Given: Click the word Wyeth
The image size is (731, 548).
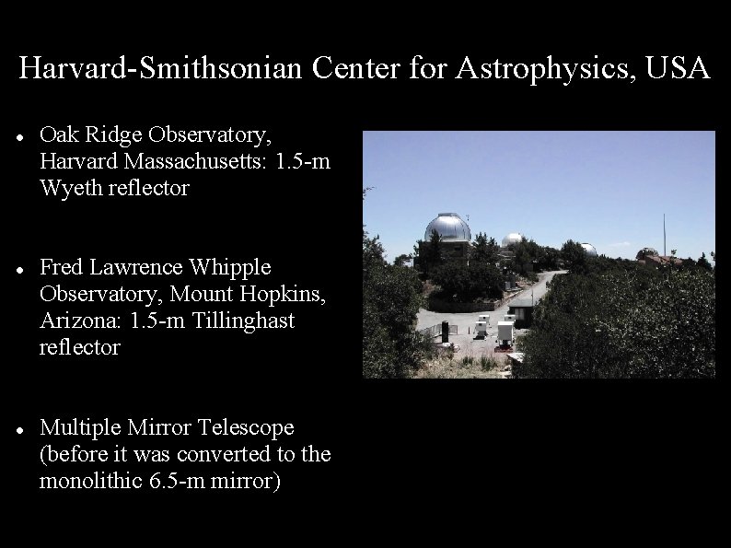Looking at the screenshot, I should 69,188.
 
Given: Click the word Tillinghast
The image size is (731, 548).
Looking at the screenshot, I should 242,321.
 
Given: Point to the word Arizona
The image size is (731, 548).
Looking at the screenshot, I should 74,321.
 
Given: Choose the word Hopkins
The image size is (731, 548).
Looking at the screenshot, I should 281,294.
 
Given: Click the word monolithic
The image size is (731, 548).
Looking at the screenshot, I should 89,481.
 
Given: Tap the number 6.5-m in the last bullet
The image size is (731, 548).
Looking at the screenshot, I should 171,481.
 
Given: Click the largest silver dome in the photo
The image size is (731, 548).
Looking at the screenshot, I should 447,228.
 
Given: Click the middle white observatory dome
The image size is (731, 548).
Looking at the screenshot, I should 512,239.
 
